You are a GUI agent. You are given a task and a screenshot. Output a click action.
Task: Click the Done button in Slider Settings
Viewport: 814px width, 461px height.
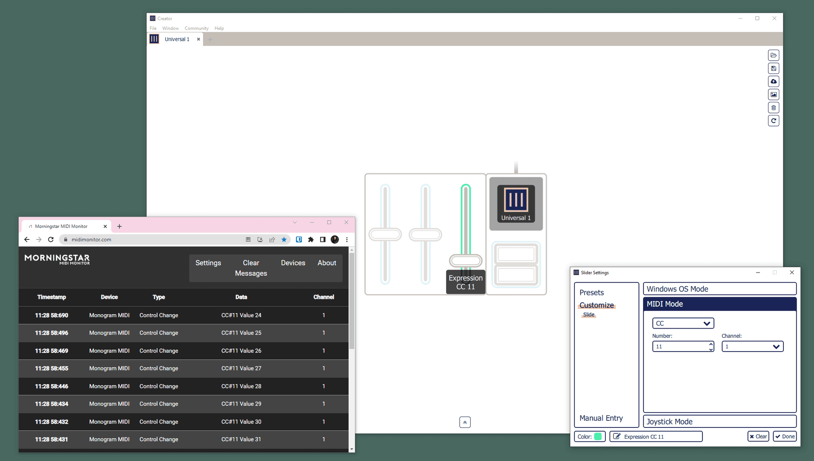point(785,436)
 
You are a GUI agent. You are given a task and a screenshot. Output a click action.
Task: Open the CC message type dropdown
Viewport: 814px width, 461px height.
point(683,323)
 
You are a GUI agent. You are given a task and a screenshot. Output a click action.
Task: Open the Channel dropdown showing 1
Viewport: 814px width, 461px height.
point(753,347)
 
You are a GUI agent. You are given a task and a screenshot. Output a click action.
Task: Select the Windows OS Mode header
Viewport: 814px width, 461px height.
point(719,289)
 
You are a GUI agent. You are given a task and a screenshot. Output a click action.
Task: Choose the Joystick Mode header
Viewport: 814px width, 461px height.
point(719,422)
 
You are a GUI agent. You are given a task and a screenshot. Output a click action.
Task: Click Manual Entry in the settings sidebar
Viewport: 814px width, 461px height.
point(601,418)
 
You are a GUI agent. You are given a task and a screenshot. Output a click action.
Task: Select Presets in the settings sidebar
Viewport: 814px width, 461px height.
point(591,292)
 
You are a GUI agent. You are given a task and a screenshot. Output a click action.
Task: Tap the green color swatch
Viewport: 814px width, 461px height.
point(598,436)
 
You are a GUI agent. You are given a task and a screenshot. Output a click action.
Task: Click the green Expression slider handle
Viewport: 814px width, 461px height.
point(466,260)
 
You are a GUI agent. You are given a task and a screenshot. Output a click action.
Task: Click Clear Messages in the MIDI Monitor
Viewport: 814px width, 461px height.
point(251,268)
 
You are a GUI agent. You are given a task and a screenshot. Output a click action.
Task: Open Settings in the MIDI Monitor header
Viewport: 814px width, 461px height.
point(208,263)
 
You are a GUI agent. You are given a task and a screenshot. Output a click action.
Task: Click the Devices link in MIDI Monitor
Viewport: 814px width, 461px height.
point(293,263)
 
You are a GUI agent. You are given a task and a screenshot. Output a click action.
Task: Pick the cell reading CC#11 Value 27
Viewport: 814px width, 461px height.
point(241,368)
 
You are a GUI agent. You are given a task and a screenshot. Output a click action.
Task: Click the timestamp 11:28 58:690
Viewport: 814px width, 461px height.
point(51,315)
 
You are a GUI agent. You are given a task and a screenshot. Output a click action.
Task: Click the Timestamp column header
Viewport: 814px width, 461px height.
point(51,297)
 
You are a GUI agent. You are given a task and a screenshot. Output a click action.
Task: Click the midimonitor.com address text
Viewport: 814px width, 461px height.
point(91,239)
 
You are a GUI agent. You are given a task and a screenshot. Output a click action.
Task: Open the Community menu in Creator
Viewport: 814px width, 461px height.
point(196,28)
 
